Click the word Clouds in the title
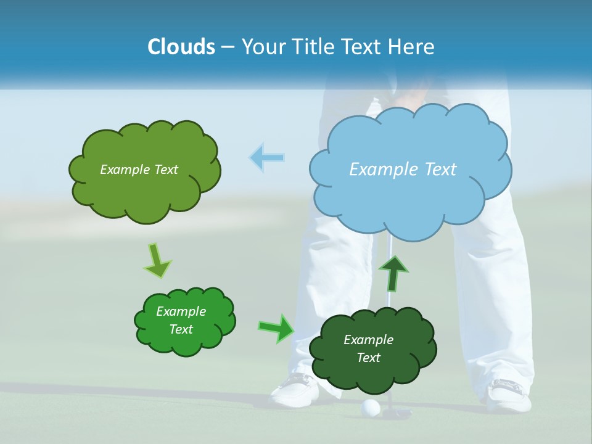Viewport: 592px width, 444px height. tap(181, 47)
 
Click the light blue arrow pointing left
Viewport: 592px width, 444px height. tap(266, 158)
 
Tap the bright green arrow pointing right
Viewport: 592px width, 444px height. tap(276, 328)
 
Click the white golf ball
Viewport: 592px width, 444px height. tap(370, 407)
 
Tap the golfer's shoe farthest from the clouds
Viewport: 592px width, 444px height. tap(509, 395)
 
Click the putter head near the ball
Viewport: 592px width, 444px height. tap(397, 412)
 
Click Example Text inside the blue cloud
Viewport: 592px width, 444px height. tap(403, 170)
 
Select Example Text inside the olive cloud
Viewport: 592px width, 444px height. tap(139, 170)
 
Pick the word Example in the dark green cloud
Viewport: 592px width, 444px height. tap(368, 340)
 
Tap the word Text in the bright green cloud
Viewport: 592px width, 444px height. tap(181, 329)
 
